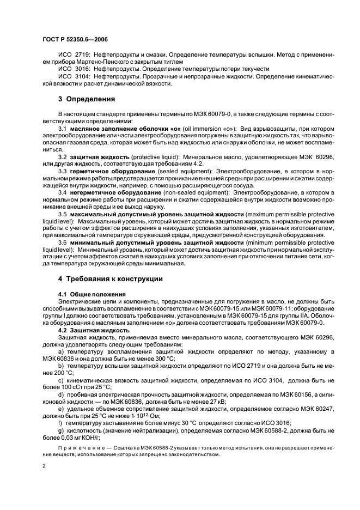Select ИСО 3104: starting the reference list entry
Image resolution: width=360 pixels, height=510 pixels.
click(72, 76)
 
